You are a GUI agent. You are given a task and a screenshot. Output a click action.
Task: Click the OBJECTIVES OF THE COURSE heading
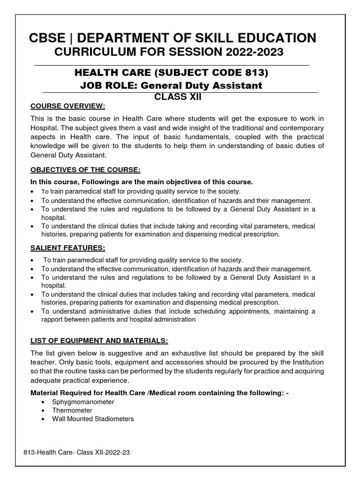click(85, 169)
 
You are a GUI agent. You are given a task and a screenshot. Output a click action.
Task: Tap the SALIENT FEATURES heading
click(67, 247)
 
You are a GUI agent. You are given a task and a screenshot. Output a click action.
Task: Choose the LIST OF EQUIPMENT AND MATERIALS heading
click(99, 339)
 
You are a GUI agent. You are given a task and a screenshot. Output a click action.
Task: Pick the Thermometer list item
click(72, 410)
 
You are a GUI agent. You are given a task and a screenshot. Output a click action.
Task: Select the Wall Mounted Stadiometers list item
click(93, 419)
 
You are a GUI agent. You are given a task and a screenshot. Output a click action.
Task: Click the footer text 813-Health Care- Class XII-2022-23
click(75, 454)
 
